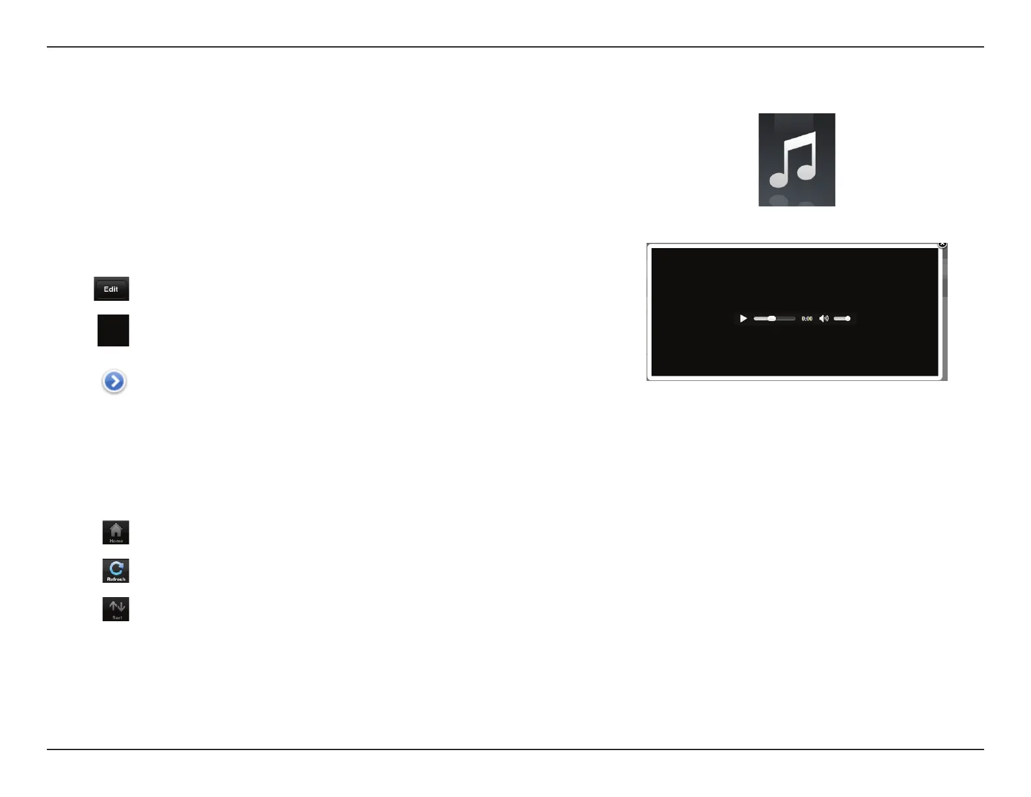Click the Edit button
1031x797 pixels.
pos(111,289)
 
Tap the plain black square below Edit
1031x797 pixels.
pos(113,330)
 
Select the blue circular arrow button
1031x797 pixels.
pos(114,382)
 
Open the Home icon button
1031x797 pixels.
pos(116,532)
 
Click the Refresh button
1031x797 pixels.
pos(116,570)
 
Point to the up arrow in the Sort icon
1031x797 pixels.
pos(113,606)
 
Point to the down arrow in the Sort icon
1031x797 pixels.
pos(120,607)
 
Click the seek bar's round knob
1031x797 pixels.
pos(772,318)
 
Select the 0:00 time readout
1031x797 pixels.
pos(807,319)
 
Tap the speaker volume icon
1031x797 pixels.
pos(824,318)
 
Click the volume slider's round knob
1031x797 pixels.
pos(847,318)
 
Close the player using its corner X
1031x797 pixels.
pos(942,244)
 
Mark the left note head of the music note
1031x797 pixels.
pos(780,178)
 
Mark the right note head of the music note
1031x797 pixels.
pos(806,171)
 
